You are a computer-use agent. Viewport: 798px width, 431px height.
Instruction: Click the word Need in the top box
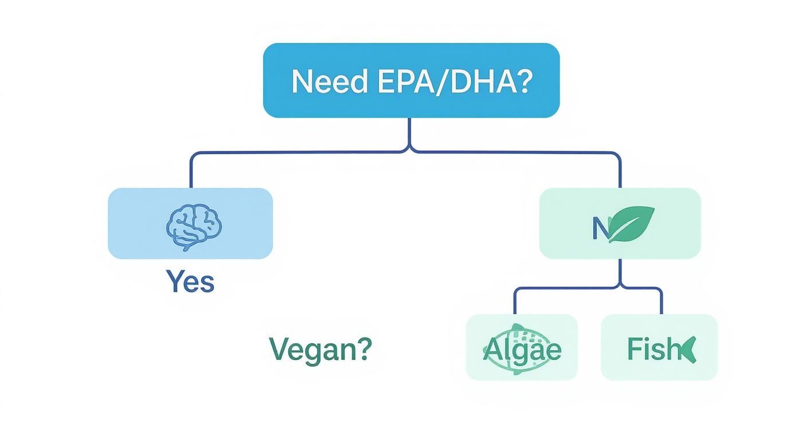(328, 82)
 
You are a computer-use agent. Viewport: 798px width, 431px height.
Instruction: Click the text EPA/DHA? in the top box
(453, 82)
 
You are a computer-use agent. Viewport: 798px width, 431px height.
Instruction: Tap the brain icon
(194, 228)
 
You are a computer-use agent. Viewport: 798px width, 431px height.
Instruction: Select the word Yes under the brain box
(190, 281)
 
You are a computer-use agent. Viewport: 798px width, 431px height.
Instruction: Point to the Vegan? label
(320, 348)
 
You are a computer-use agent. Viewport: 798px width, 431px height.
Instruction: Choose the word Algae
(522, 348)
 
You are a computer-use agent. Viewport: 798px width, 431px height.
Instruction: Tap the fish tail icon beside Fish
(688, 349)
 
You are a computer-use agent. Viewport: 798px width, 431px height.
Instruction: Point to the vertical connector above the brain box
(190, 171)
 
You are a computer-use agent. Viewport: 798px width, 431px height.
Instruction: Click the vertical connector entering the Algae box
(514, 301)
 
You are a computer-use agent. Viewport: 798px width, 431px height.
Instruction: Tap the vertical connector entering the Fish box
(662, 301)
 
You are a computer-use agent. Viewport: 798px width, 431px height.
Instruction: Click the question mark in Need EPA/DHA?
(525, 82)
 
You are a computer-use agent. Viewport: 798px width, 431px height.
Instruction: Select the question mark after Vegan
(364, 348)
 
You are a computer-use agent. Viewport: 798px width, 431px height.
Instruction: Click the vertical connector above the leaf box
(620, 171)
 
